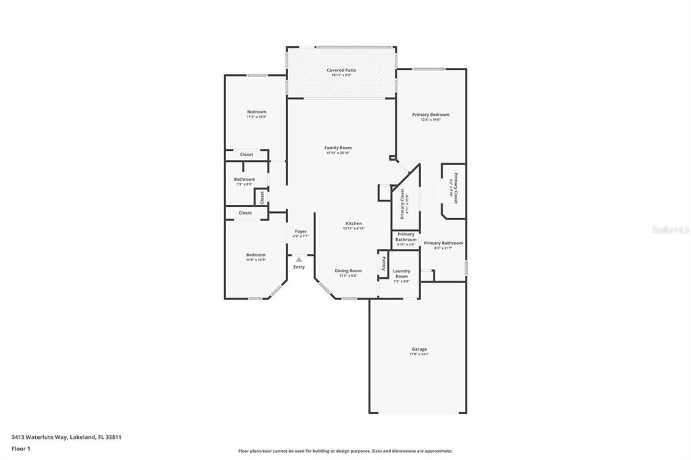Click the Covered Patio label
tap(341, 70)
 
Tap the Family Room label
tap(338, 148)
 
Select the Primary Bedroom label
tap(431, 115)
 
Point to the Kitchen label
tap(354, 223)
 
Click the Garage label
tap(418, 349)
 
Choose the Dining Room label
tap(348, 270)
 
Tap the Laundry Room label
tap(402, 273)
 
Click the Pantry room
tap(384, 263)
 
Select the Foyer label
tap(300, 231)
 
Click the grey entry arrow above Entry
tap(299, 258)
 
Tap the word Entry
tap(299, 267)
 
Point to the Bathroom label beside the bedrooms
tap(244, 179)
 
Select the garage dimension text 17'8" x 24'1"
tap(418, 354)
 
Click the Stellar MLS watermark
tap(671, 230)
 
